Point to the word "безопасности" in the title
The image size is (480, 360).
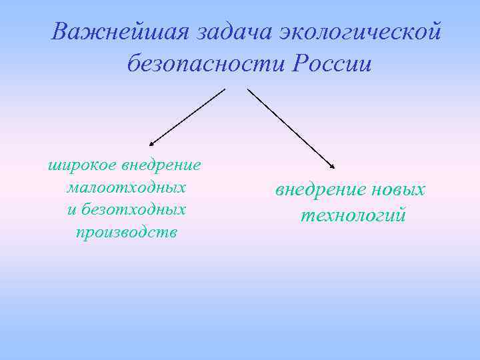[x=203, y=64]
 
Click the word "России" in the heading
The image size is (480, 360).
[x=331, y=64]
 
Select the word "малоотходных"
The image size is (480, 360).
[x=126, y=187]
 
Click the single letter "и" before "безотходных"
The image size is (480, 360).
[x=72, y=209]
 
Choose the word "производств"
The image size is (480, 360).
[x=126, y=232]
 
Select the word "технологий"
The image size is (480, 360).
[x=353, y=216]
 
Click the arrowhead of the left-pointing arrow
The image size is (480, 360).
[x=151, y=143]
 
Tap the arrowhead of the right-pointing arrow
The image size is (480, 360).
[x=333, y=167]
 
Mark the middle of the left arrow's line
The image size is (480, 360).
[x=188, y=117]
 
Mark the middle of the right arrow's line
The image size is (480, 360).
[x=291, y=128]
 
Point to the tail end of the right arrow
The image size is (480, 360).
[x=249, y=89]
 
